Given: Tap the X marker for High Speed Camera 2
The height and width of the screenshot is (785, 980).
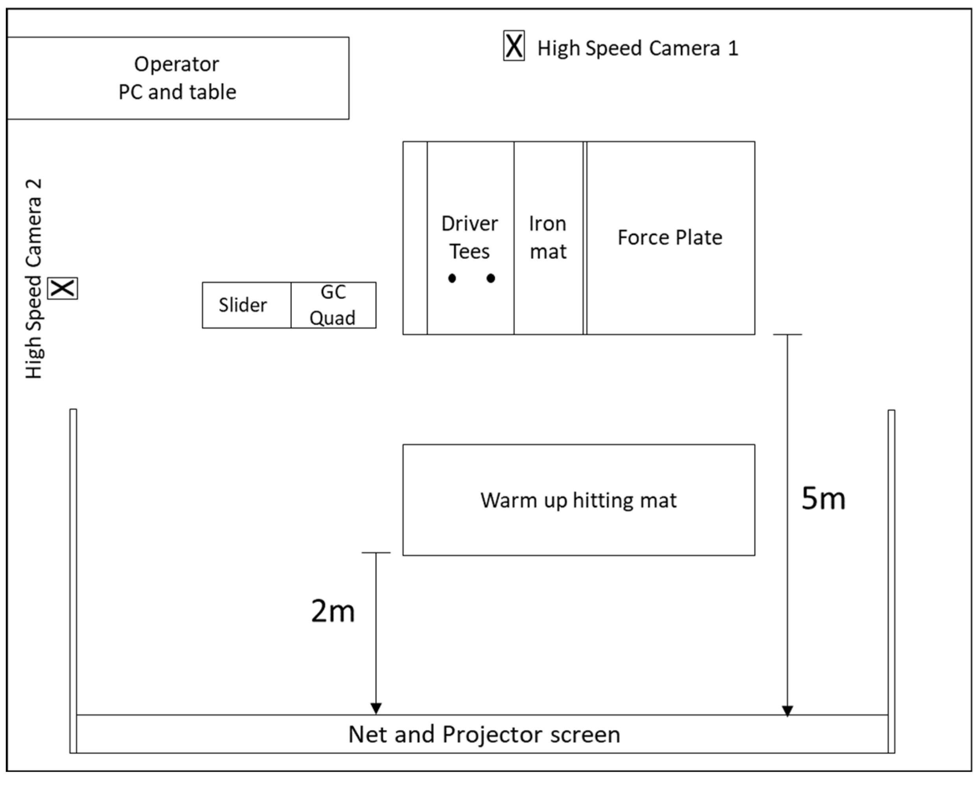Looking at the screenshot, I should pyautogui.click(x=63, y=288).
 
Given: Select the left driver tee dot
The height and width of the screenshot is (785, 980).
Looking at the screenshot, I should pyautogui.click(x=452, y=278).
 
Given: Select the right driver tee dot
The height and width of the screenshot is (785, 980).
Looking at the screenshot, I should pyautogui.click(x=491, y=278).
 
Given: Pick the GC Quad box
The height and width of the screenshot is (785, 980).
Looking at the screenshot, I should pyautogui.click(x=333, y=305).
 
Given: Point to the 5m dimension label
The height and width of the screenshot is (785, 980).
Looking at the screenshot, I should pyautogui.click(x=823, y=499).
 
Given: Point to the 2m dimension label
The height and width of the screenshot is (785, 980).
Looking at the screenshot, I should pyautogui.click(x=333, y=611).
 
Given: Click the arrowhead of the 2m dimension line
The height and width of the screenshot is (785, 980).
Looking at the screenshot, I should pyautogui.click(x=376, y=708).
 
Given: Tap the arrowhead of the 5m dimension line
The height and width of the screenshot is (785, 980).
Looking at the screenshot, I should pyautogui.click(x=787, y=711).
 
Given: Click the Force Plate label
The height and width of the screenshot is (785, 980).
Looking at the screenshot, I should pyautogui.click(x=670, y=238).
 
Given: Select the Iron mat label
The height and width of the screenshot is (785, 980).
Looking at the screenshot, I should pyautogui.click(x=548, y=238).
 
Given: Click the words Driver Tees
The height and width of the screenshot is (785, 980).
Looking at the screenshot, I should pyautogui.click(x=470, y=238).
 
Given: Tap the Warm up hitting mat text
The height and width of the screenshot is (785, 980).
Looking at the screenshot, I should pyautogui.click(x=578, y=500).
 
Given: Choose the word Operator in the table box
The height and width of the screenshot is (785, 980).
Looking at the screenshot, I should pyautogui.click(x=176, y=64).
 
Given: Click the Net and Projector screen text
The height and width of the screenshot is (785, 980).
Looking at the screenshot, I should pyautogui.click(x=484, y=735).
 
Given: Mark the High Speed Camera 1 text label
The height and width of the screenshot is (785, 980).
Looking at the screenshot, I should pyautogui.click(x=637, y=48).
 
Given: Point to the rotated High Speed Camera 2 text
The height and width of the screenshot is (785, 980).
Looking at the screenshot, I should pyautogui.click(x=33, y=279).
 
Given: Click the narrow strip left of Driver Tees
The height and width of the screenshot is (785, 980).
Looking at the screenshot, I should pyautogui.click(x=415, y=238).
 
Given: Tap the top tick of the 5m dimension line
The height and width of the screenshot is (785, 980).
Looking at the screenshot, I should pyautogui.click(x=787, y=335).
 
